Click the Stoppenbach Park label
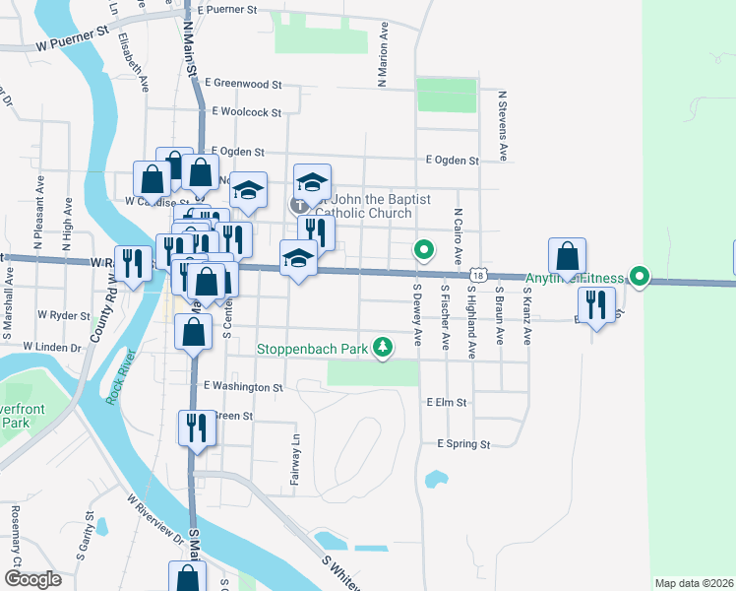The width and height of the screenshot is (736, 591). pos(312,349)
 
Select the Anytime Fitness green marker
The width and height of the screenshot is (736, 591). pos(640,278)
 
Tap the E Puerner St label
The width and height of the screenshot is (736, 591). pos(226,10)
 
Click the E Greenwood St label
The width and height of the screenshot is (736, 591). pos(243,85)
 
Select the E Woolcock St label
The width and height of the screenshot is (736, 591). pos(246,113)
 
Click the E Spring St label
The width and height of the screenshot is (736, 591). pos(463,444)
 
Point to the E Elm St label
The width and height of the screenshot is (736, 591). pos(446,402)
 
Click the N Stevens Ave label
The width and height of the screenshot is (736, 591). pos(503,126)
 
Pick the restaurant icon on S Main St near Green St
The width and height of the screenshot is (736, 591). pos(196,427)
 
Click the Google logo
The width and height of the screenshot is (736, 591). pos(32,579)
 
